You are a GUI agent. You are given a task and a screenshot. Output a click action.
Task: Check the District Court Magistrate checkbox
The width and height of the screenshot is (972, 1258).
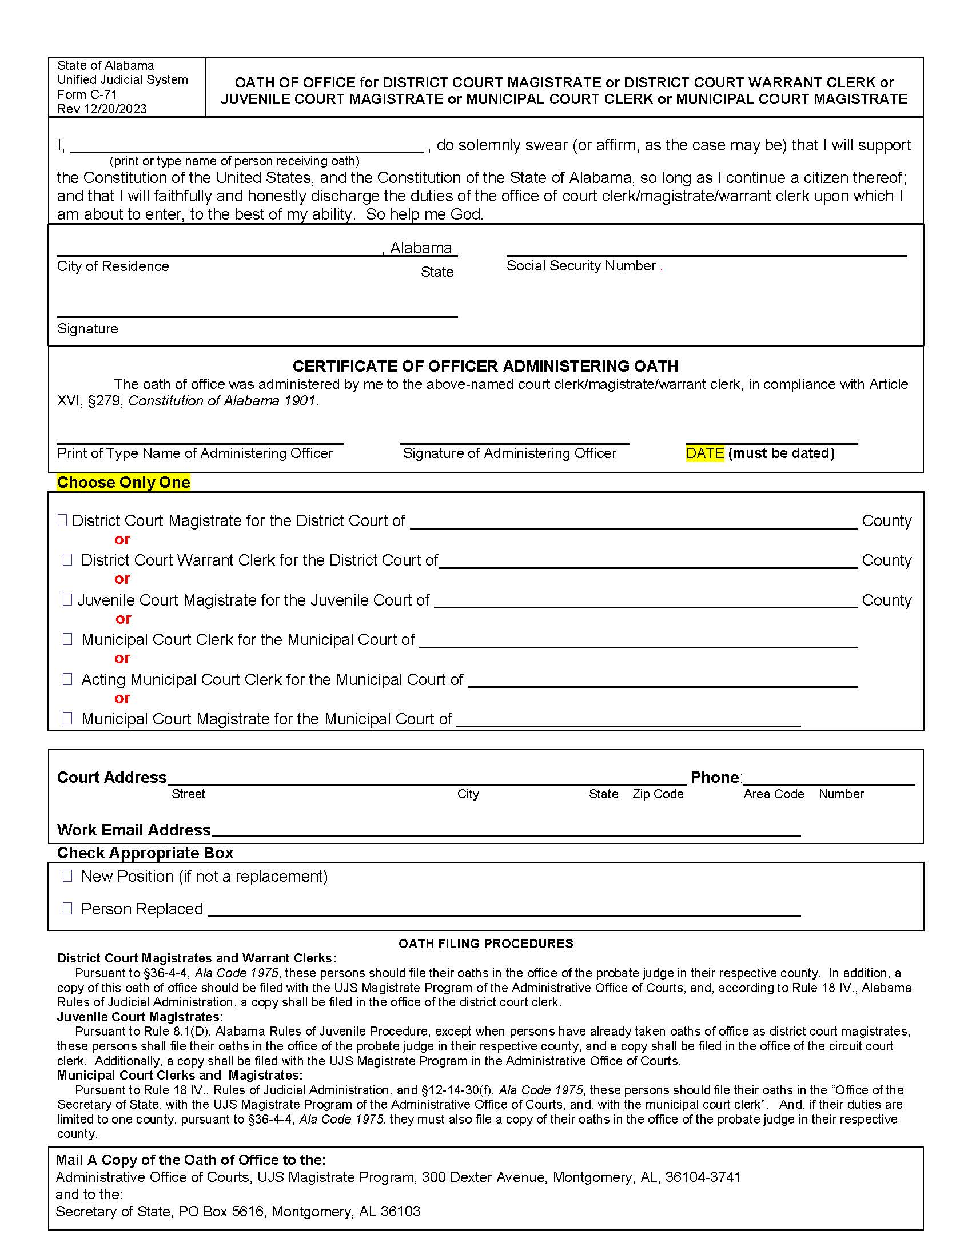point(62,520)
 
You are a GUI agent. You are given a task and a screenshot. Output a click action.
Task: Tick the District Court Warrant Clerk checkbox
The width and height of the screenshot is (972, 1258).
point(67,560)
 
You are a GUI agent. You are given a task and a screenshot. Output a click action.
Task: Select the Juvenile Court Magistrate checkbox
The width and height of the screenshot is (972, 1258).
point(67,600)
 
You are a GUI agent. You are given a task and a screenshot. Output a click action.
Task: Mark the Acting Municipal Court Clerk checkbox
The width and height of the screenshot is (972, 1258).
point(67,679)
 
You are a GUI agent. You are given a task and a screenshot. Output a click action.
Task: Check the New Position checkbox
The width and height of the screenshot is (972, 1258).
point(67,876)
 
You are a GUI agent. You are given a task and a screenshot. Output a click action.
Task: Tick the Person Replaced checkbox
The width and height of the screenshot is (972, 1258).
point(67,909)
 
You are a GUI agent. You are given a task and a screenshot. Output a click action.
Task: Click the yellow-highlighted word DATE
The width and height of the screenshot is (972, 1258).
point(705,453)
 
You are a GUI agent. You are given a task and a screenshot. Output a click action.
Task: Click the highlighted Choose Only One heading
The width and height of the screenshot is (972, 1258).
point(124,482)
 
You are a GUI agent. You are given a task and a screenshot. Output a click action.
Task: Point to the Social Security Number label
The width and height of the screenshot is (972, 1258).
point(581,265)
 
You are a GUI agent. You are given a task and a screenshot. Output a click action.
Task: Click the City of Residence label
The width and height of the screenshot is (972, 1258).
point(113,266)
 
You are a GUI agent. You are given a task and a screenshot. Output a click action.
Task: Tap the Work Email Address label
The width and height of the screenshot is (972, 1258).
point(134,830)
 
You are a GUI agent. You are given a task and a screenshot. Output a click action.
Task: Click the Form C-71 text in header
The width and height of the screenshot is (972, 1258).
point(87,94)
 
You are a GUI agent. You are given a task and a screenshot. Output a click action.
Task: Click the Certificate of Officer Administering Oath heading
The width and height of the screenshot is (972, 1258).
point(485,367)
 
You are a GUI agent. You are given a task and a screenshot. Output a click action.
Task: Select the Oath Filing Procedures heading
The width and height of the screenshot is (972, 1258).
point(485,943)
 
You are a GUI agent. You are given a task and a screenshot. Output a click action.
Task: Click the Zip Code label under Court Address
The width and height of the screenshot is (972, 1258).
point(658,794)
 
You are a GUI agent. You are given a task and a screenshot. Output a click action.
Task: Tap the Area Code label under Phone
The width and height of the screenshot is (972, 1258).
point(774,794)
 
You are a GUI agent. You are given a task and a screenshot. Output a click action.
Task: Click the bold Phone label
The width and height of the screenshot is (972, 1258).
point(715,777)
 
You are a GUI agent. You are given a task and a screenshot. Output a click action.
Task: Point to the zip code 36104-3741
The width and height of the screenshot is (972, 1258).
point(703,1177)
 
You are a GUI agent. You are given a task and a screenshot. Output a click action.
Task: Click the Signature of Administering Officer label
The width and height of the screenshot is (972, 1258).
point(509,453)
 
